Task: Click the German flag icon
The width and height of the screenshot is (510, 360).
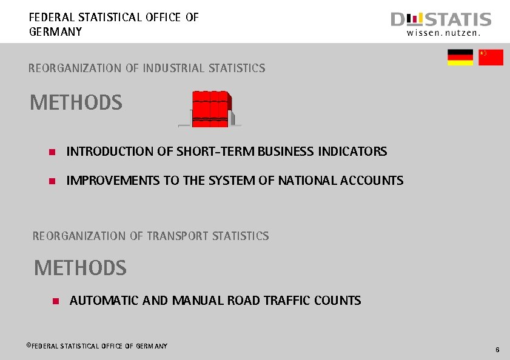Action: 460,58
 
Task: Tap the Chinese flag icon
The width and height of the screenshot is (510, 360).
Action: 491,58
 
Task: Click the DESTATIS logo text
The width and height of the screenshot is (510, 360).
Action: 441,19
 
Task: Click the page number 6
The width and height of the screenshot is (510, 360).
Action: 497,350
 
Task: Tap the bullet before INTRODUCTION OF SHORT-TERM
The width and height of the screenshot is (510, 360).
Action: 52,152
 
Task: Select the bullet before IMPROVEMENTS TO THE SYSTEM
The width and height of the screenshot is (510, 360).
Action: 52,181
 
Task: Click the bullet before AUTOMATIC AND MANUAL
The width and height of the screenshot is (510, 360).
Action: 56,301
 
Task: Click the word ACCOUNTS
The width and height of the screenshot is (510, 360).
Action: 372,181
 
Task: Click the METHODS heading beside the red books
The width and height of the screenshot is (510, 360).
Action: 76,103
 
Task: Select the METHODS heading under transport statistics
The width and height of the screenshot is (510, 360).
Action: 80,268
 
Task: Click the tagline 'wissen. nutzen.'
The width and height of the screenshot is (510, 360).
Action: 443,34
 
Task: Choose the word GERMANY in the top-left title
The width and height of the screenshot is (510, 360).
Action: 55,32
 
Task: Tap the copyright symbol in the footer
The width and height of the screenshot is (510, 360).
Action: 28,345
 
